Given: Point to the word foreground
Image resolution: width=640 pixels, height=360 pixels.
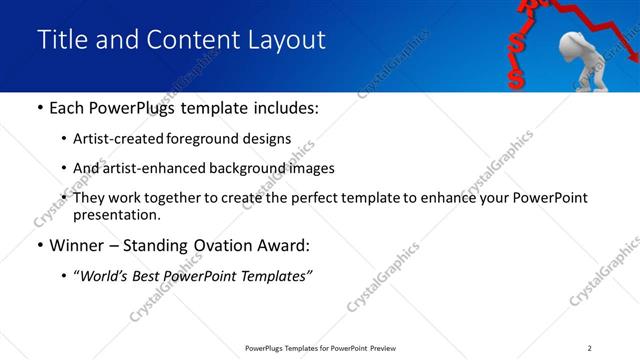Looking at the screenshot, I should [210, 139].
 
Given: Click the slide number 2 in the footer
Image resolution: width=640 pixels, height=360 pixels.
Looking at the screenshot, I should [589, 348].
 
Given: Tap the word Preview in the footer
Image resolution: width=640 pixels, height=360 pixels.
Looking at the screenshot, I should [383, 348].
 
